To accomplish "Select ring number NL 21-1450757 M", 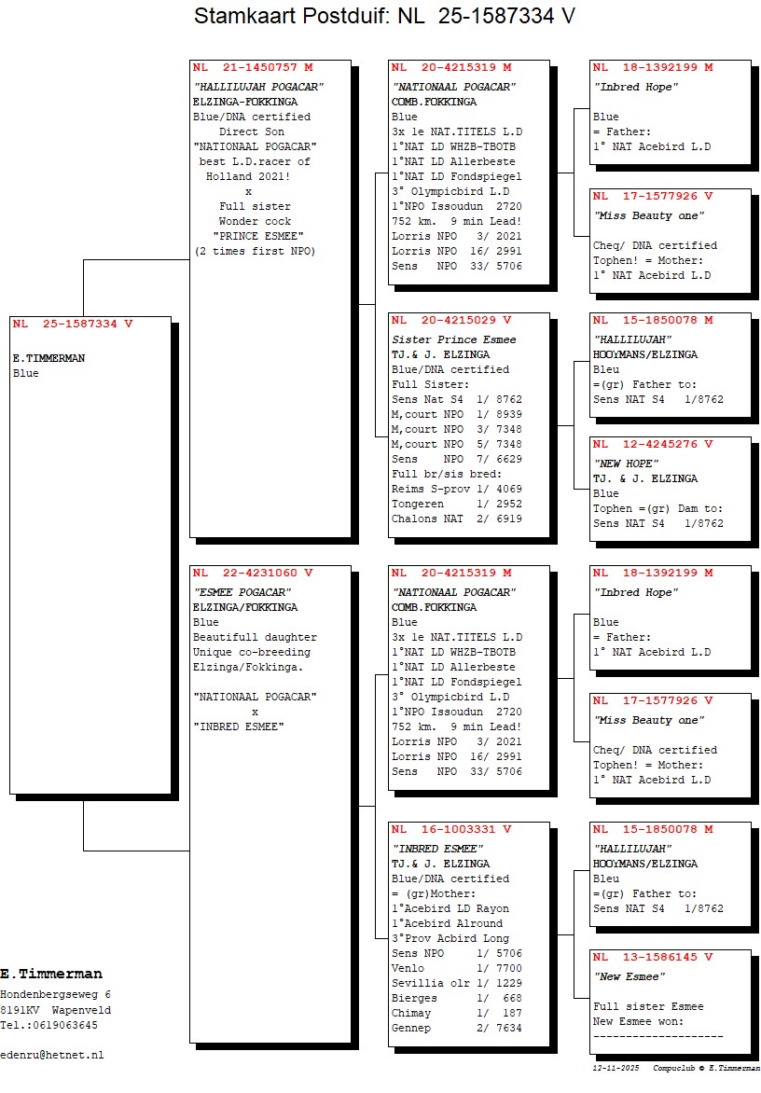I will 253,67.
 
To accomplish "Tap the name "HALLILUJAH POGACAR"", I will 257,87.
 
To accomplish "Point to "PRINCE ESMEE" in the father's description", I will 254,236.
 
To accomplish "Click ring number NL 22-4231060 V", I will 253,573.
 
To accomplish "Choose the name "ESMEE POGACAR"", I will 242,592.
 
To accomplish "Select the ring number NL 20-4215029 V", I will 451,320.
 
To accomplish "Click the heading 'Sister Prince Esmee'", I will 453,339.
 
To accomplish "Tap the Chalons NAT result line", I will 456,519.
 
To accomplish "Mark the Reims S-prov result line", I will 456,489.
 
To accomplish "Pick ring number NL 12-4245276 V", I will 653,444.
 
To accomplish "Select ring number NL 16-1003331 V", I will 451,829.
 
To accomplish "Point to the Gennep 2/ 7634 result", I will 456,1028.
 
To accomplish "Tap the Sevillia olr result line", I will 456,983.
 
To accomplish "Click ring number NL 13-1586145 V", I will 653,957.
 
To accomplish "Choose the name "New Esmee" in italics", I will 630,976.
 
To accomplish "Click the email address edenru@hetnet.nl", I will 52,1055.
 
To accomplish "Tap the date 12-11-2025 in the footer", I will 616,1067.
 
